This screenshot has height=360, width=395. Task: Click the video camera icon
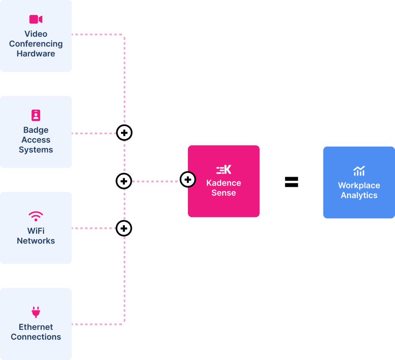coord(36,19)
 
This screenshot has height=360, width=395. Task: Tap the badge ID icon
coord(36,115)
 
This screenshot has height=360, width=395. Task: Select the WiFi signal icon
coord(36,215)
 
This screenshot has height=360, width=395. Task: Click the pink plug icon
coord(36,312)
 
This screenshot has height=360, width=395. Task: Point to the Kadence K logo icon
coord(224,169)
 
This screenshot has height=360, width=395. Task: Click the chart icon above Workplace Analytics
coord(359,171)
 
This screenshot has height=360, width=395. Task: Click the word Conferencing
coord(36,44)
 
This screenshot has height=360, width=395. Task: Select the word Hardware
coord(36,54)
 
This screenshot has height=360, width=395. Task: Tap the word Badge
coord(36,130)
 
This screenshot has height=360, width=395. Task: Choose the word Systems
coord(36,150)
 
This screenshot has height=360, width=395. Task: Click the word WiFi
coord(36,231)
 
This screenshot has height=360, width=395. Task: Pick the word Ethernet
coord(36,327)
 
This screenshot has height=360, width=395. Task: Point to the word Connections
coord(36,337)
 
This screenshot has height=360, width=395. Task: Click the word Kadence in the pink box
coord(224,183)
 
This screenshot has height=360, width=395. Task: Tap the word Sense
coord(224,193)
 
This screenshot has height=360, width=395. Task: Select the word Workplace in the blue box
coord(359,185)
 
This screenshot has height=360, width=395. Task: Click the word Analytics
coord(359,195)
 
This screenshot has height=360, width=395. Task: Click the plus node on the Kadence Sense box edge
coord(188,179)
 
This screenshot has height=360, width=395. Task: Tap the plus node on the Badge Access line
coord(124,133)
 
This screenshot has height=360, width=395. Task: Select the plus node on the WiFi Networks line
coord(124,228)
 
